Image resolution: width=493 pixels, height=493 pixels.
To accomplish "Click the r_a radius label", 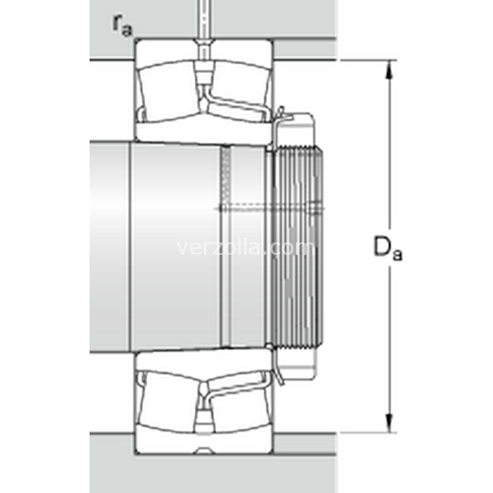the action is coord(122,25).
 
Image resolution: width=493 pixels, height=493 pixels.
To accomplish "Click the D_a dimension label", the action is coord(388,248).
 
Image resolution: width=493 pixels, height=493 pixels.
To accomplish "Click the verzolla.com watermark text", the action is coord(246,248).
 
